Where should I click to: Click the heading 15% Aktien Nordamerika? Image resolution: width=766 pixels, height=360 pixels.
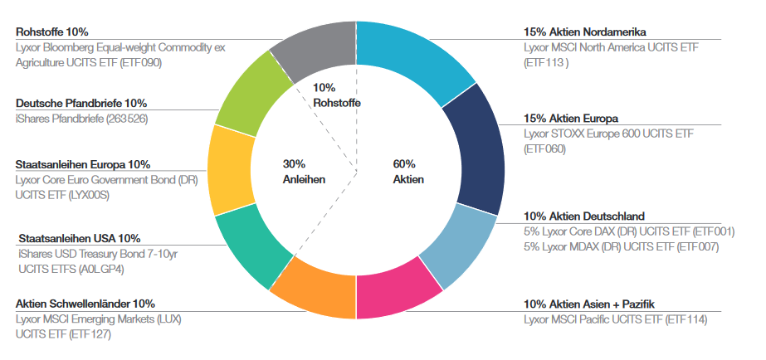click(579, 32)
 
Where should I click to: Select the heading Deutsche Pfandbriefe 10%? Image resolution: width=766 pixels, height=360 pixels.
click(81, 104)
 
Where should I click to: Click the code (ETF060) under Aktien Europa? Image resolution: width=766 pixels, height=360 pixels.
click(544, 149)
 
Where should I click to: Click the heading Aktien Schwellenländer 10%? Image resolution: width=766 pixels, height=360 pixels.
click(85, 304)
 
